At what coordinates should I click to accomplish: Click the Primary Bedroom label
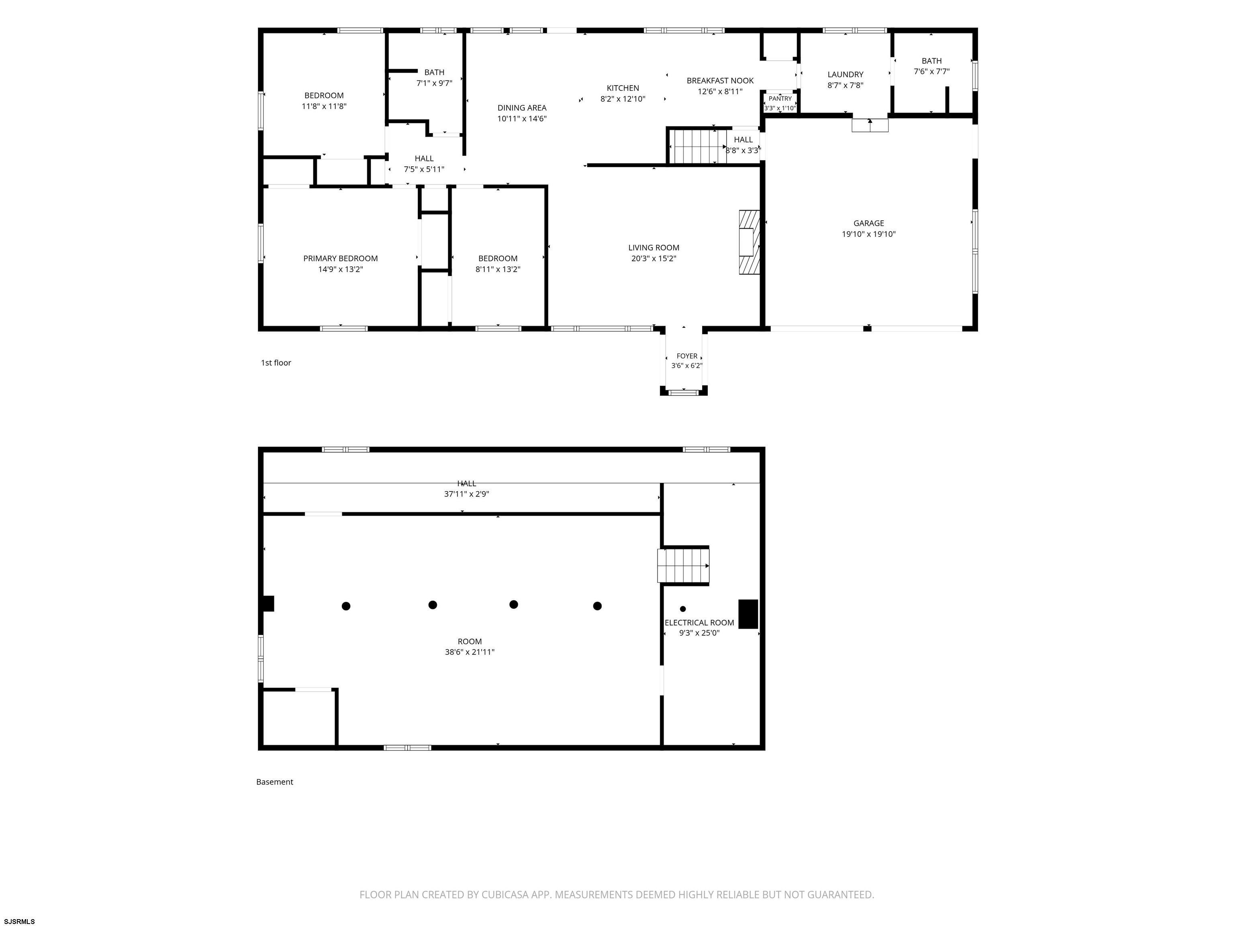point(340,258)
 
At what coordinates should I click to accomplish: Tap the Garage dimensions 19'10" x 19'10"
point(868,234)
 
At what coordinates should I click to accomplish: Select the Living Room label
point(654,248)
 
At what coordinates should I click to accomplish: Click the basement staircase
point(683,566)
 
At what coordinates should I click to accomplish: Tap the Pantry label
point(780,99)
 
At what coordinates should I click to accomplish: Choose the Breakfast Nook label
point(720,81)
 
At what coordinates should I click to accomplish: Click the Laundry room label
point(845,75)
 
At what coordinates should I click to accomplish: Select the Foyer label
point(687,356)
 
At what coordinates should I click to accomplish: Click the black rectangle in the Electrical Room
point(748,614)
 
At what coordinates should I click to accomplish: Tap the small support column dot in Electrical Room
point(683,609)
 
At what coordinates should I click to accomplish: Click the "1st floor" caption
point(276,363)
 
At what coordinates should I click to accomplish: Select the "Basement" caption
point(274,782)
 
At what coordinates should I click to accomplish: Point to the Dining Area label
point(522,108)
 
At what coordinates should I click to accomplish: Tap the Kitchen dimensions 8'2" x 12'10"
point(623,99)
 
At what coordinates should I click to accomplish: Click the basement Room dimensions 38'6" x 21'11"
point(470,652)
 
